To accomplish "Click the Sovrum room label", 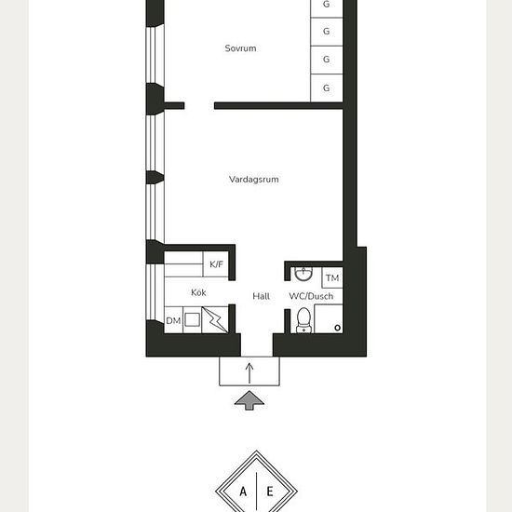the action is (x=240, y=48).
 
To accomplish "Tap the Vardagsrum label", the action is (x=254, y=180).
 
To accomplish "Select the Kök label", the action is (x=198, y=292).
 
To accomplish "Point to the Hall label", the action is (x=262, y=296).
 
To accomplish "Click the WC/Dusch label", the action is (x=311, y=296).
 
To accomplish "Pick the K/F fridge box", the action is (x=216, y=264).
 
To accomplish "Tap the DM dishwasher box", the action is (x=173, y=320).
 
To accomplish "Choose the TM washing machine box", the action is (x=332, y=278).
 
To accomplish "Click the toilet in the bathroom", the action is (x=304, y=320).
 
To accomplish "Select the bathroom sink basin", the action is (x=303, y=274).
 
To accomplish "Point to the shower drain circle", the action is (x=338, y=328).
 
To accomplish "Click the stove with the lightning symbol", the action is (x=215, y=320).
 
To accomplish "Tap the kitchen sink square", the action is (x=193, y=319).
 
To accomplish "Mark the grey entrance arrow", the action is (x=249, y=399).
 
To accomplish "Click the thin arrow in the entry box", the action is (x=249, y=373).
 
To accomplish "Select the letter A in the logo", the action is (x=243, y=492).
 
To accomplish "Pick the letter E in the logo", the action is (x=270, y=492).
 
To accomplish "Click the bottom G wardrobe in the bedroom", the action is (x=327, y=88).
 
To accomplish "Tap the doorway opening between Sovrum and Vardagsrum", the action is (x=199, y=106).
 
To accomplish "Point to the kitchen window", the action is (x=155, y=292).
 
